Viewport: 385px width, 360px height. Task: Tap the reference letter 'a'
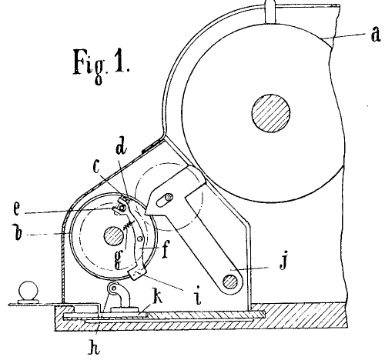[376, 35]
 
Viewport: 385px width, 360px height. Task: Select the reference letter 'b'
[18, 232]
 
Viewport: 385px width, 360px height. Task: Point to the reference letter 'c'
[96, 167]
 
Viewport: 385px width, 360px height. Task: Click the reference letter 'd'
[121, 145]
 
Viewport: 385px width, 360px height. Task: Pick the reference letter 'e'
[16, 208]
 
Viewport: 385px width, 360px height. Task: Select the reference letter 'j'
[283, 259]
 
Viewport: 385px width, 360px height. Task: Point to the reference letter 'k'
[158, 297]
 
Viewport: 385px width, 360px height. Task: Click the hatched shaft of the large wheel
[271, 113]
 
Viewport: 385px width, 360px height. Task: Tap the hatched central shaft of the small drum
[114, 236]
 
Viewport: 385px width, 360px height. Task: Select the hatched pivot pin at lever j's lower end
[230, 282]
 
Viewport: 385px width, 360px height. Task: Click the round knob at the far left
[28, 290]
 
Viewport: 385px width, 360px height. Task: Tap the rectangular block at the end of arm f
[137, 273]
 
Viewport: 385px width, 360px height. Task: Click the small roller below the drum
[113, 288]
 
